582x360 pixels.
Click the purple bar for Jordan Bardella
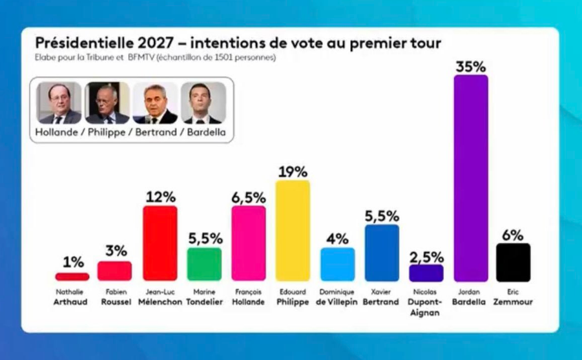click(471, 178)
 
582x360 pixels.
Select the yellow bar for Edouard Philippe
click(293, 231)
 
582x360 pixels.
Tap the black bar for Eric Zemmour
click(513, 262)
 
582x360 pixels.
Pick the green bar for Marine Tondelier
click(204, 264)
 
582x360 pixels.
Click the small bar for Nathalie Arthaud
click(72, 277)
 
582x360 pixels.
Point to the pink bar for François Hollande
click(248, 243)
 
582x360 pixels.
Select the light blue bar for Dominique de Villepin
click(337, 264)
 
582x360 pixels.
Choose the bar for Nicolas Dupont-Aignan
click(426, 273)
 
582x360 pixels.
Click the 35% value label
click(470, 66)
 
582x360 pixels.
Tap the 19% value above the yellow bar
click(293, 172)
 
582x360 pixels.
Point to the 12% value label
click(160, 197)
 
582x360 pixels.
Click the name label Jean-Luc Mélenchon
click(160, 297)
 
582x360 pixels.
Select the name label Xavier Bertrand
click(382, 297)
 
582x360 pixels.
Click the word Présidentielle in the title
click(81, 43)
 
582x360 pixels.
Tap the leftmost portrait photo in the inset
click(59, 102)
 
